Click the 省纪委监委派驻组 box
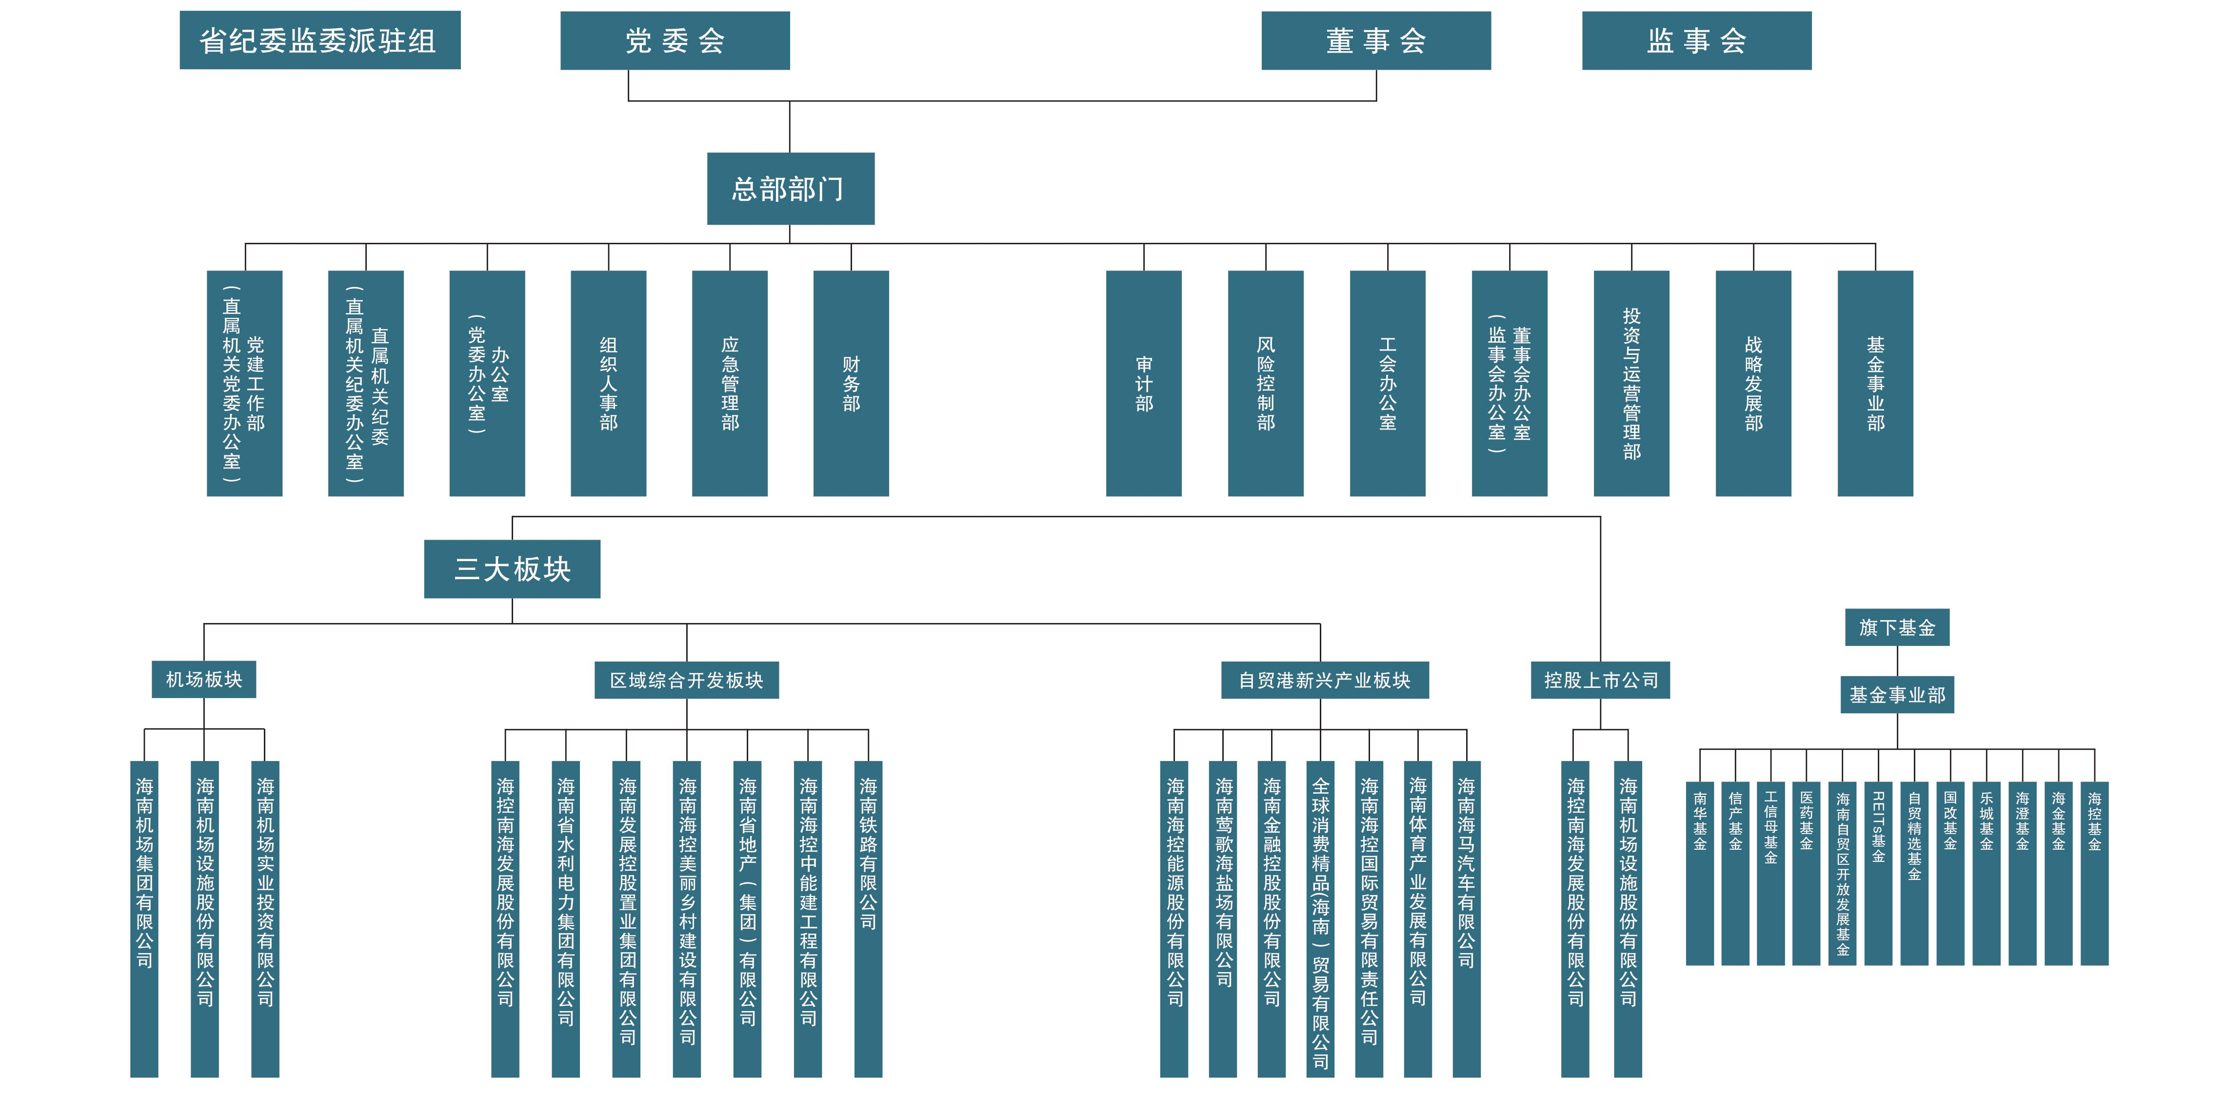[x=320, y=40]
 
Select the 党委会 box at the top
[x=675, y=40]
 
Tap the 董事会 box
[x=1376, y=40]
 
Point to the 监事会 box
[x=1696, y=40]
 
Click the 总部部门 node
[x=790, y=188]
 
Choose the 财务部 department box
[x=851, y=383]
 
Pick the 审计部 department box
[x=1143, y=383]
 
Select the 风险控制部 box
[x=1265, y=383]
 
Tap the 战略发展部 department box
[x=1752, y=383]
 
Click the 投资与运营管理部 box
[x=1630, y=383]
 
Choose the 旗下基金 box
[x=1897, y=627]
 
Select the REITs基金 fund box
[x=1878, y=873]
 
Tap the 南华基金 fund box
[x=1700, y=873]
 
